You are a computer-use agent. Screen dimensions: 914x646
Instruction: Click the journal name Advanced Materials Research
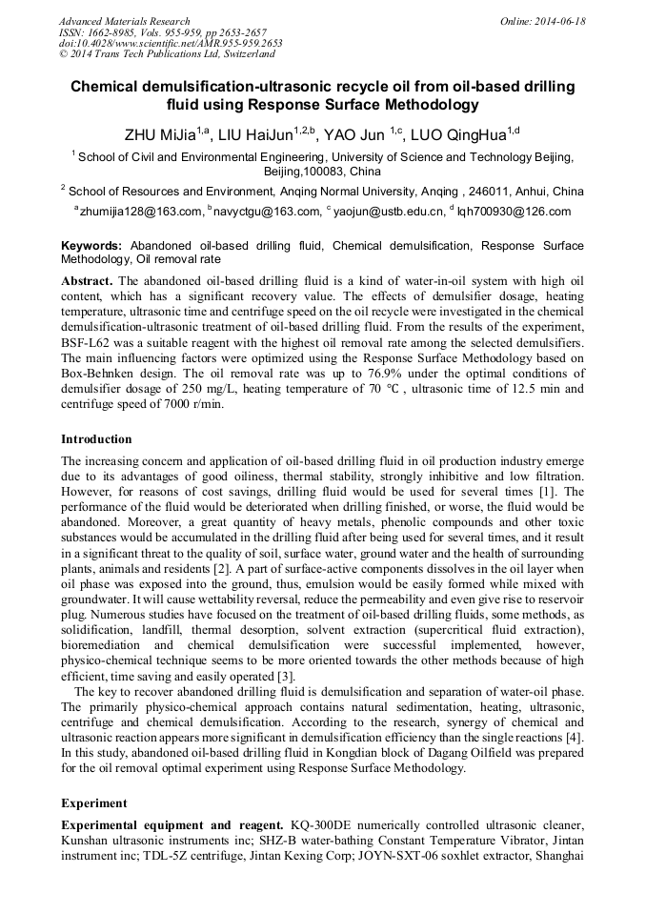tap(124, 21)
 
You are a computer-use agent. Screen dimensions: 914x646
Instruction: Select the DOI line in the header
tap(171, 44)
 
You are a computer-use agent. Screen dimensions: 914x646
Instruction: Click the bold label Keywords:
tap(92, 246)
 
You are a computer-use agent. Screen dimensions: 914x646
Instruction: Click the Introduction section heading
tap(96, 439)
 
